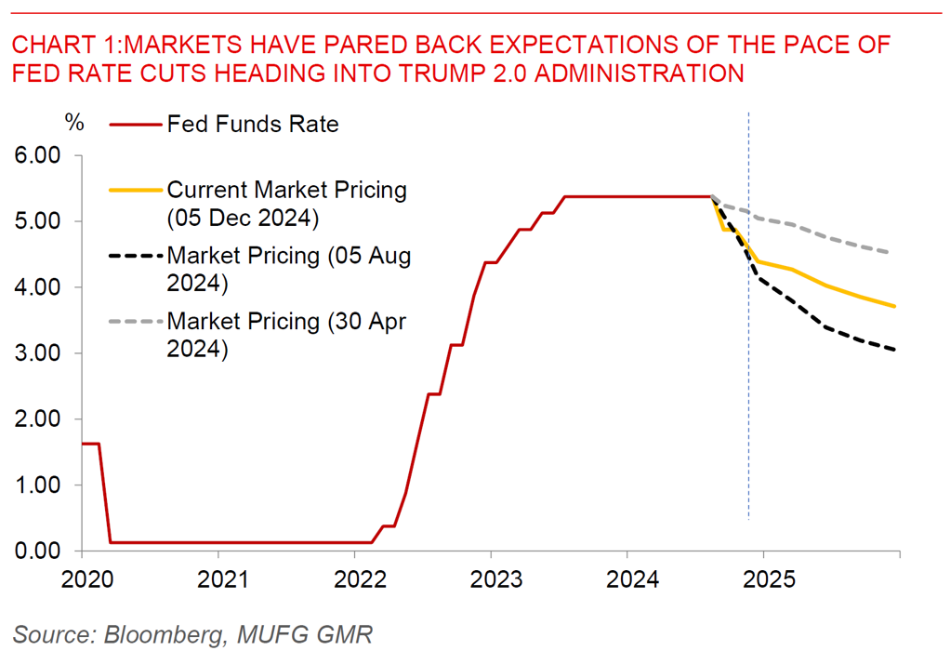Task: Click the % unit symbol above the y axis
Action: point(74,122)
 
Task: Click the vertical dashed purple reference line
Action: point(749,372)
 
